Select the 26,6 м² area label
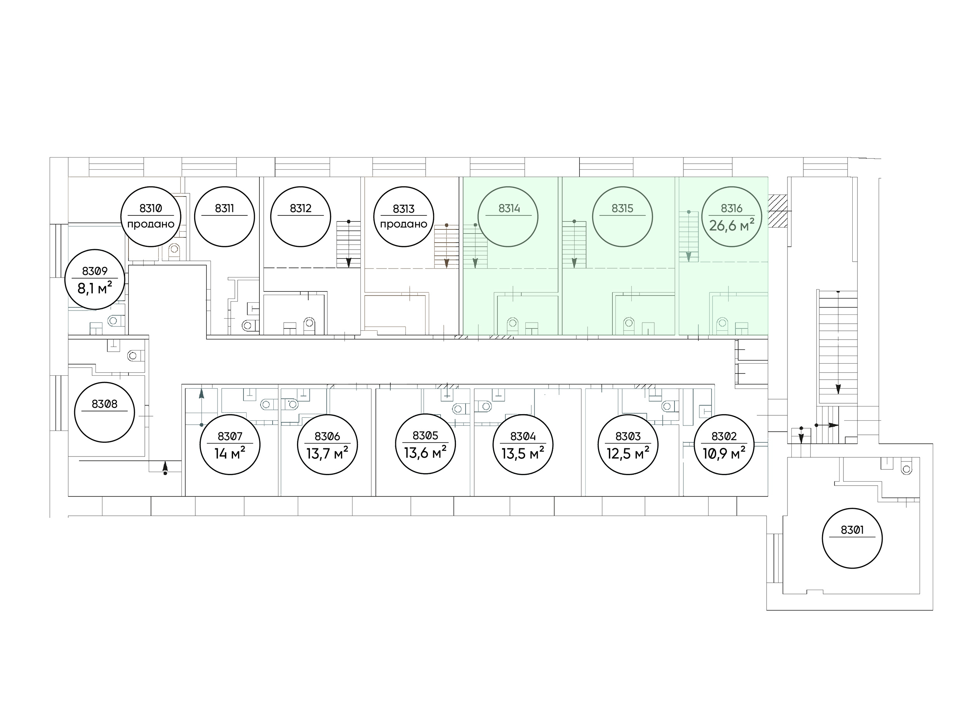point(732,225)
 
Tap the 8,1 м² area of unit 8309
point(94,287)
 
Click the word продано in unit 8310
point(151,224)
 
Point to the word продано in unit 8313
point(403,224)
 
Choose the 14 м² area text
point(230,453)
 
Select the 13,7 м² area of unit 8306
point(327,453)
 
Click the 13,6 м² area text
point(425,453)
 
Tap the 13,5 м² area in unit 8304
point(523,453)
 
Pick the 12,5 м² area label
point(628,453)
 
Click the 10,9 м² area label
point(724,453)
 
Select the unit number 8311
point(224,208)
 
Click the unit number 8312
point(301,208)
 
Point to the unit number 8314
point(509,208)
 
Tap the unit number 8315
point(622,208)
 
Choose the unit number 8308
point(104,404)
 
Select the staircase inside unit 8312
point(348,244)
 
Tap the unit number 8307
point(230,436)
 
